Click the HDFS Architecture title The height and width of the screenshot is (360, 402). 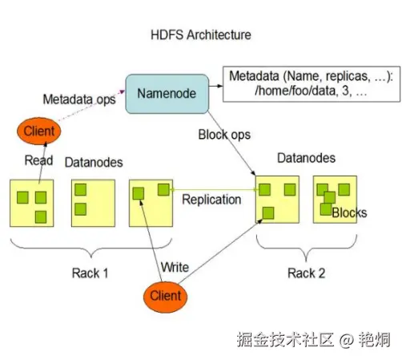coord(200,35)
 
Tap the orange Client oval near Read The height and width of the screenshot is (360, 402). coord(38,131)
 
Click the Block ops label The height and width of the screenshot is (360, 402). coord(225,135)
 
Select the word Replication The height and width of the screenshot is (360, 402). coord(211,199)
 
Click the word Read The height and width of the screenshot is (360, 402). coord(38,160)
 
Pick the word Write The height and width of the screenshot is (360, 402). coord(175,266)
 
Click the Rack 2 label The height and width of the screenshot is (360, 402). coord(306,273)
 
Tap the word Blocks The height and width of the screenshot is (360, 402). coord(349,212)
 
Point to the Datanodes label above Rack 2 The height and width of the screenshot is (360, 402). coord(306,158)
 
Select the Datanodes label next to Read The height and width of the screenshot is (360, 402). coord(93,162)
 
